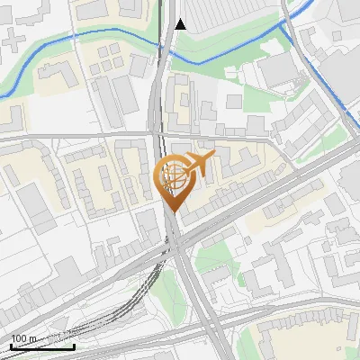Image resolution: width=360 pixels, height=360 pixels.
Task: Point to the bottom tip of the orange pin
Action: [171, 211]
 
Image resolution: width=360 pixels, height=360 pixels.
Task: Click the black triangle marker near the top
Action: [181, 24]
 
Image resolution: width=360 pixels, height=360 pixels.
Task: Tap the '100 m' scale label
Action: [23, 338]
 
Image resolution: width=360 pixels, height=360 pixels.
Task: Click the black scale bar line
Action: [42, 346]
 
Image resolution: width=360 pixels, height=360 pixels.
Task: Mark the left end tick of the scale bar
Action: [11, 344]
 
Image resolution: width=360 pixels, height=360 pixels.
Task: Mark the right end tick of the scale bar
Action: [74, 344]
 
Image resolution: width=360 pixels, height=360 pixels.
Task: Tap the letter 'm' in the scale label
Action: [32, 338]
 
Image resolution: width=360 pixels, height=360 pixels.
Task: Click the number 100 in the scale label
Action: [19, 338]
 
